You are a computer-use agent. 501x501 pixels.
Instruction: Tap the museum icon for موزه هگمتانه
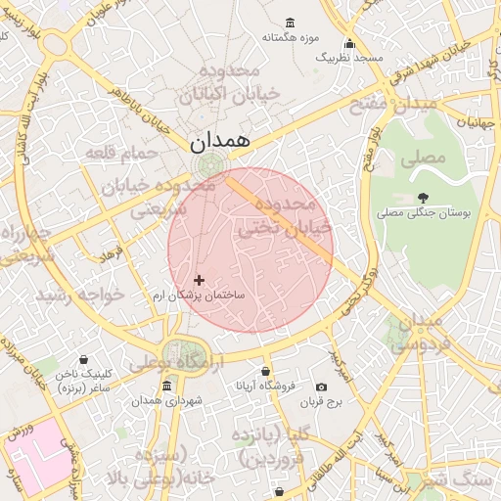click(290, 23)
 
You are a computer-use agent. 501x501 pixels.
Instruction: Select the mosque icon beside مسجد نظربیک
click(348, 43)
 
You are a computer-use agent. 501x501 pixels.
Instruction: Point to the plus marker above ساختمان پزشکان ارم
click(200, 280)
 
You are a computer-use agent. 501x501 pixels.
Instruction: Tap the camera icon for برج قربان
click(321, 387)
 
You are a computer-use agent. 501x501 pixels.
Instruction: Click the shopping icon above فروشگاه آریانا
click(266, 372)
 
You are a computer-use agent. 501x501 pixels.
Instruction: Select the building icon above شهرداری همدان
click(166, 387)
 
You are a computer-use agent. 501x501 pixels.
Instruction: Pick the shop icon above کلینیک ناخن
click(83, 359)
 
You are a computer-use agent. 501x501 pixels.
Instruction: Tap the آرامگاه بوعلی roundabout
click(180, 353)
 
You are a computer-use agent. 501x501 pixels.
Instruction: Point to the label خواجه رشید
click(80, 295)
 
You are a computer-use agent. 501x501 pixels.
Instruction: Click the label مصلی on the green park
click(425, 157)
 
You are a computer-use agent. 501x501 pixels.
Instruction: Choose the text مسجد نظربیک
click(348, 59)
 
